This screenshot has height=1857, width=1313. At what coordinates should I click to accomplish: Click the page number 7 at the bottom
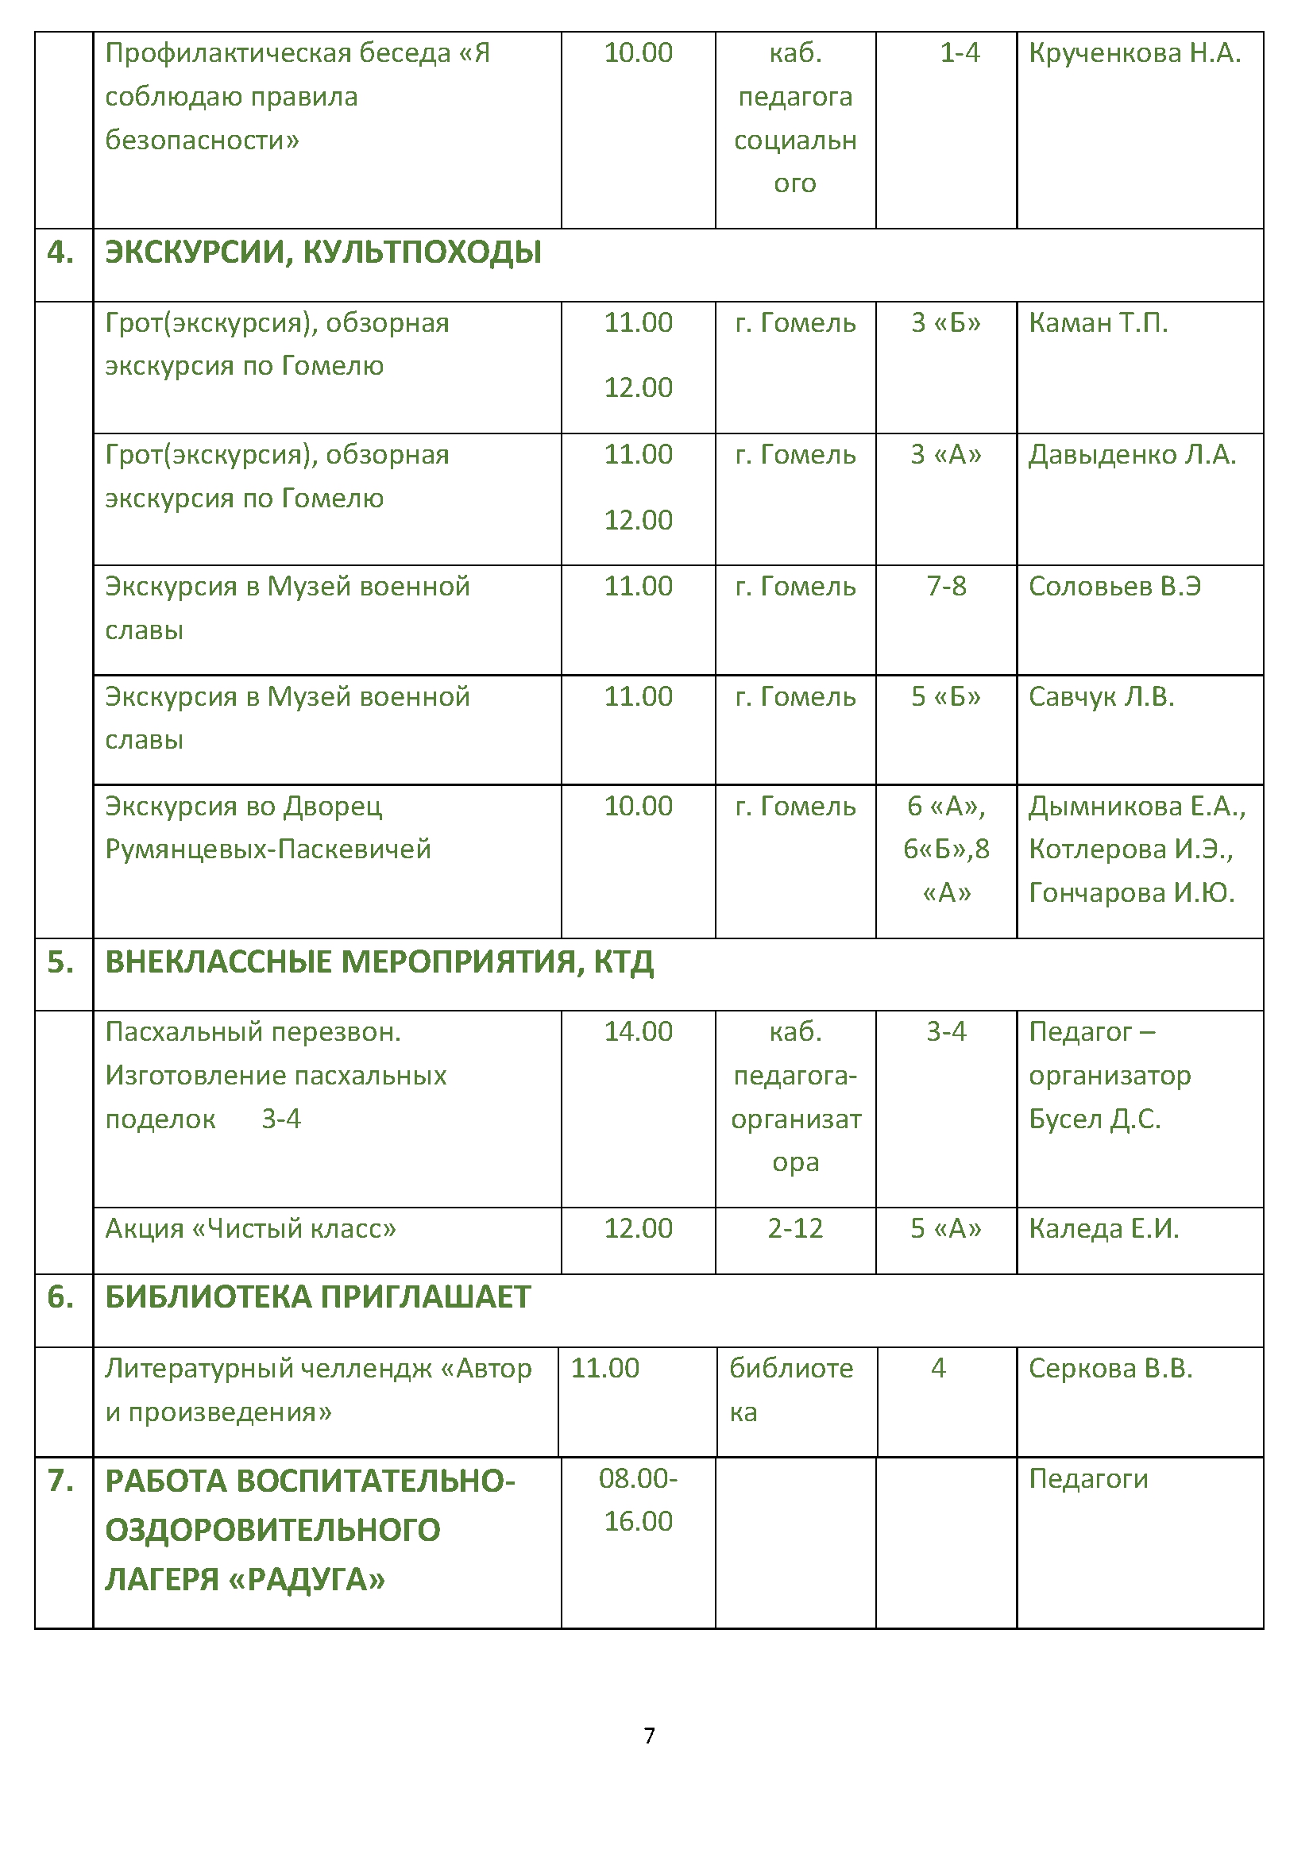(x=649, y=1735)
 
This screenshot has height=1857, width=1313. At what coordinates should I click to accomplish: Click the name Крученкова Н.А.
(x=1134, y=53)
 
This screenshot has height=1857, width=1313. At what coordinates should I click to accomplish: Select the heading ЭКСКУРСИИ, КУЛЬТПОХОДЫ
(x=322, y=252)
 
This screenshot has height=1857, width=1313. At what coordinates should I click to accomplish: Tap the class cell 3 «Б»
(x=946, y=322)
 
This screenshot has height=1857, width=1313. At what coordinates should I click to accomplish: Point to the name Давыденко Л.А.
(x=1132, y=455)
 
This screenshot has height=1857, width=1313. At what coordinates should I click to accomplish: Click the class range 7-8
(x=946, y=587)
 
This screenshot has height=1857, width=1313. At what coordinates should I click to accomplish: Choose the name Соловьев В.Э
(x=1114, y=587)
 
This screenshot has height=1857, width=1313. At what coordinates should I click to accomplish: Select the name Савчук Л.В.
(x=1101, y=696)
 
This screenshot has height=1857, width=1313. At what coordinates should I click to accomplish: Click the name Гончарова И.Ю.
(x=1131, y=893)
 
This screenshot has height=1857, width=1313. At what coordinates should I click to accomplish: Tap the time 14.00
(x=639, y=1032)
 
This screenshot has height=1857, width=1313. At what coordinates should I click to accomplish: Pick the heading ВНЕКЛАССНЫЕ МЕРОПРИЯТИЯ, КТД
(x=380, y=962)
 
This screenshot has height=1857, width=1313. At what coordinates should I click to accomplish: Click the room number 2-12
(x=795, y=1228)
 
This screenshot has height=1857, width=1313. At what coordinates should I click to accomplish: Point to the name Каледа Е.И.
(x=1103, y=1228)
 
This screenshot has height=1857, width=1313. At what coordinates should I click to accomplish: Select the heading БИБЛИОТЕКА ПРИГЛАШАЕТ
(x=318, y=1297)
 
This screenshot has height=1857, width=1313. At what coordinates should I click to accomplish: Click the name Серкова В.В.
(x=1110, y=1369)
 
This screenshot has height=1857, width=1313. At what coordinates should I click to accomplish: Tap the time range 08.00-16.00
(x=639, y=1500)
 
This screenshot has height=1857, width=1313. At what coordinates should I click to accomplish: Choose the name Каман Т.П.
(x=1098, y=322)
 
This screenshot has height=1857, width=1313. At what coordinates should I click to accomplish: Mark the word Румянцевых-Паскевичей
(x=268, y=850)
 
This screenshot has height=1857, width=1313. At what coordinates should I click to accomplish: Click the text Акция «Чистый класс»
(x=251, y=1228)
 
